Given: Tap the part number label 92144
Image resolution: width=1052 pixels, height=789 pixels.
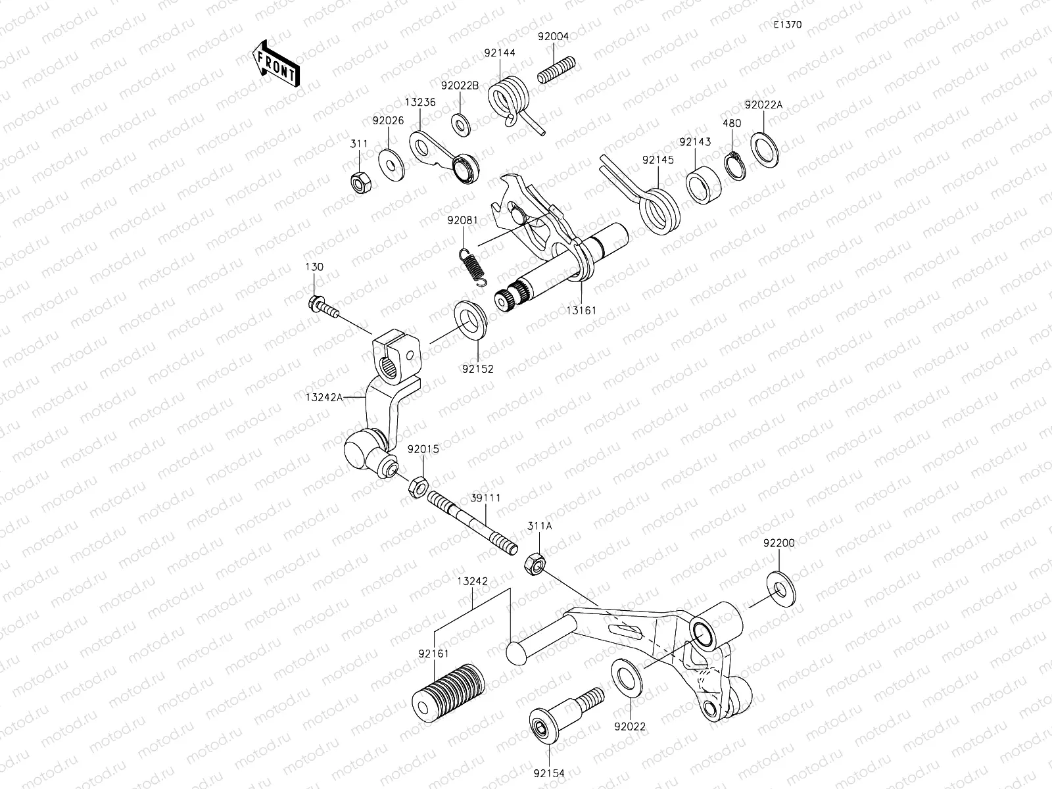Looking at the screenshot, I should (x=500, y=53).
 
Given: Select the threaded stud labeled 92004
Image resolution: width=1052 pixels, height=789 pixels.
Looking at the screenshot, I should (x=557, y=70).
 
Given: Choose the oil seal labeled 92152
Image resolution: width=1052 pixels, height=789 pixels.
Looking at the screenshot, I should (x=470, y=320).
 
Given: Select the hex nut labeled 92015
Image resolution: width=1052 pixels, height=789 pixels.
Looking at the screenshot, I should (x=416, y=487).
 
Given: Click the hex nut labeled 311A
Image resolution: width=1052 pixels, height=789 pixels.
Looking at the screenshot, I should (x=534, y=563).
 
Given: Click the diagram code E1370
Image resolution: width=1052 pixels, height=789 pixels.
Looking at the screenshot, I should (x=787, y=25).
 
